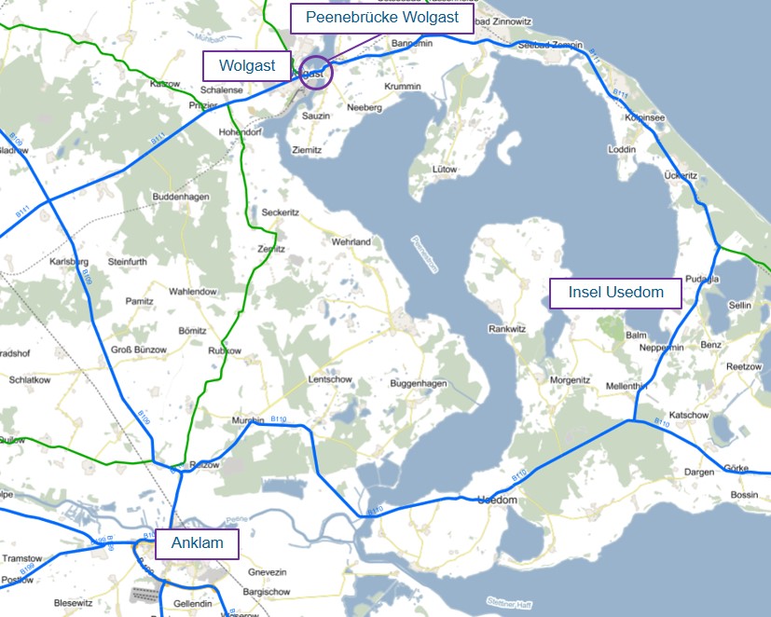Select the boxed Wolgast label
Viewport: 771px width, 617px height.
coord(247,65)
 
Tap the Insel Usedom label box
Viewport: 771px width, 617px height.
coord(615,293)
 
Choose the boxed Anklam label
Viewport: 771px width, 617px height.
coord(197,544)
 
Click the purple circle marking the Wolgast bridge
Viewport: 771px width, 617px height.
coord(316,74)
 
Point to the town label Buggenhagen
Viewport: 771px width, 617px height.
coord(419,384)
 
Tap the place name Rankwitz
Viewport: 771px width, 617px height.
coord(508,329)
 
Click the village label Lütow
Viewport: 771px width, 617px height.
coord(445,170)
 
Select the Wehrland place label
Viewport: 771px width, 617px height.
coord(351,242)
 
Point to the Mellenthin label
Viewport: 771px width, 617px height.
coord(626,386)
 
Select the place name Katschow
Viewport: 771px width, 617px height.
coord(689,415)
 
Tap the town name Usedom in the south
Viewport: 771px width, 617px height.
coord(496,500)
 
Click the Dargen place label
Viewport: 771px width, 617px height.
coord(698,473)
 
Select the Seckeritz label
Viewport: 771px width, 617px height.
coord(280,213)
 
